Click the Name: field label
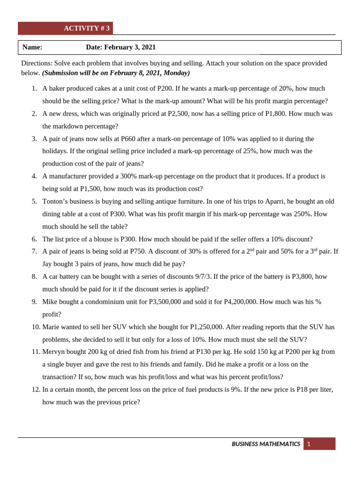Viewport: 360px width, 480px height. [32, 47]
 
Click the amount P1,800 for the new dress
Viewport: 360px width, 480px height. [276, 113]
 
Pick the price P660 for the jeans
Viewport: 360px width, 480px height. [131, 139]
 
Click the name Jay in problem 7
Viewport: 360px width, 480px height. [48, 264]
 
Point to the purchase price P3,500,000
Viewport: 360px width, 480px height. [165, 302]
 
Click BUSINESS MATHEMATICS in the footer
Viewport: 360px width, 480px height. [266, 444]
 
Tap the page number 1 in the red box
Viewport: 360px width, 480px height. [309, 444]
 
